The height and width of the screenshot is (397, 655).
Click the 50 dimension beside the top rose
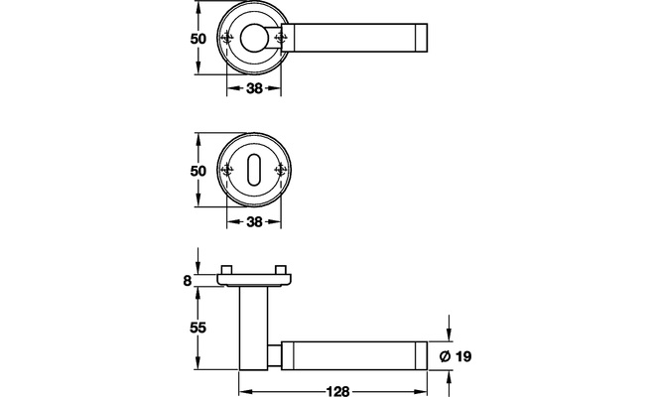(x=198, y=39)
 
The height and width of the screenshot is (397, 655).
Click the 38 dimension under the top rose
(x=254, y=88)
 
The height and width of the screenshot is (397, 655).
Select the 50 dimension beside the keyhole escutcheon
(x=198, y=171)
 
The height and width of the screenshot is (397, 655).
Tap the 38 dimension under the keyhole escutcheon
(x=254, y=221)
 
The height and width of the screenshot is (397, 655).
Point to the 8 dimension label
(x=188, y=281)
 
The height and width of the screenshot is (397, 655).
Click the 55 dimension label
(x=198, y=329)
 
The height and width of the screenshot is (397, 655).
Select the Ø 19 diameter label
(x=456, y=356)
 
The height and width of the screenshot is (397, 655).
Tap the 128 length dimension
(x=337, y=391)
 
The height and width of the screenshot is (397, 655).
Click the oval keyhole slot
(x=253, y=170)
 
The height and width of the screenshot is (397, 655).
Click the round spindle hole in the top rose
(x=254, y=38)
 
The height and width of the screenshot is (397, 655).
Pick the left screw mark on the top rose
(x=227, y=39)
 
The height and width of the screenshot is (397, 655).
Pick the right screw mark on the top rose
(x=280, y=39)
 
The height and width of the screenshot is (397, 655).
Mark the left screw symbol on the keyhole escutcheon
(x=227, y=170)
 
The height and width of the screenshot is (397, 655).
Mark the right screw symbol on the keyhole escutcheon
(x=280, y=170)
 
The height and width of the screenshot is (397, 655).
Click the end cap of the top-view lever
(x=422, y=38)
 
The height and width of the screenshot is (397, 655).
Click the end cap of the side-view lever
(x=422, y=355)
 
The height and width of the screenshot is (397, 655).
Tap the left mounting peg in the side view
(x=227, y=269)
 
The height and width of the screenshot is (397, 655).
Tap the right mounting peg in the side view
(x=281, y=269)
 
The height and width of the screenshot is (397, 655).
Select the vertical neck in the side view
(x=253, y=329)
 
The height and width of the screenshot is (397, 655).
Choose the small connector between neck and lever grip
(x=275, y=355)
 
